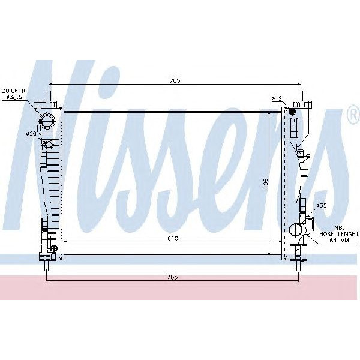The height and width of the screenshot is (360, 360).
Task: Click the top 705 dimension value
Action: (x=175, y=80)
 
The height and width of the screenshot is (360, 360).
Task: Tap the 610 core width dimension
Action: (x=173, y=238)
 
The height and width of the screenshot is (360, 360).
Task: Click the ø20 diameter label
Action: (x=31, y=133)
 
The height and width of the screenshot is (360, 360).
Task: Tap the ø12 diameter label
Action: (x=277, y=97)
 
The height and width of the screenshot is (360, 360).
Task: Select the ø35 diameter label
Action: (x=322, y=205)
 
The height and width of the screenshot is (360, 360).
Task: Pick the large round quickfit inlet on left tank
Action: (x=47, y=120)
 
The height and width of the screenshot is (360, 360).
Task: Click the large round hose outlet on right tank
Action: (x=296, y=230)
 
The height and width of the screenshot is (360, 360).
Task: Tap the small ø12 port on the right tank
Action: (x=293, y=110)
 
